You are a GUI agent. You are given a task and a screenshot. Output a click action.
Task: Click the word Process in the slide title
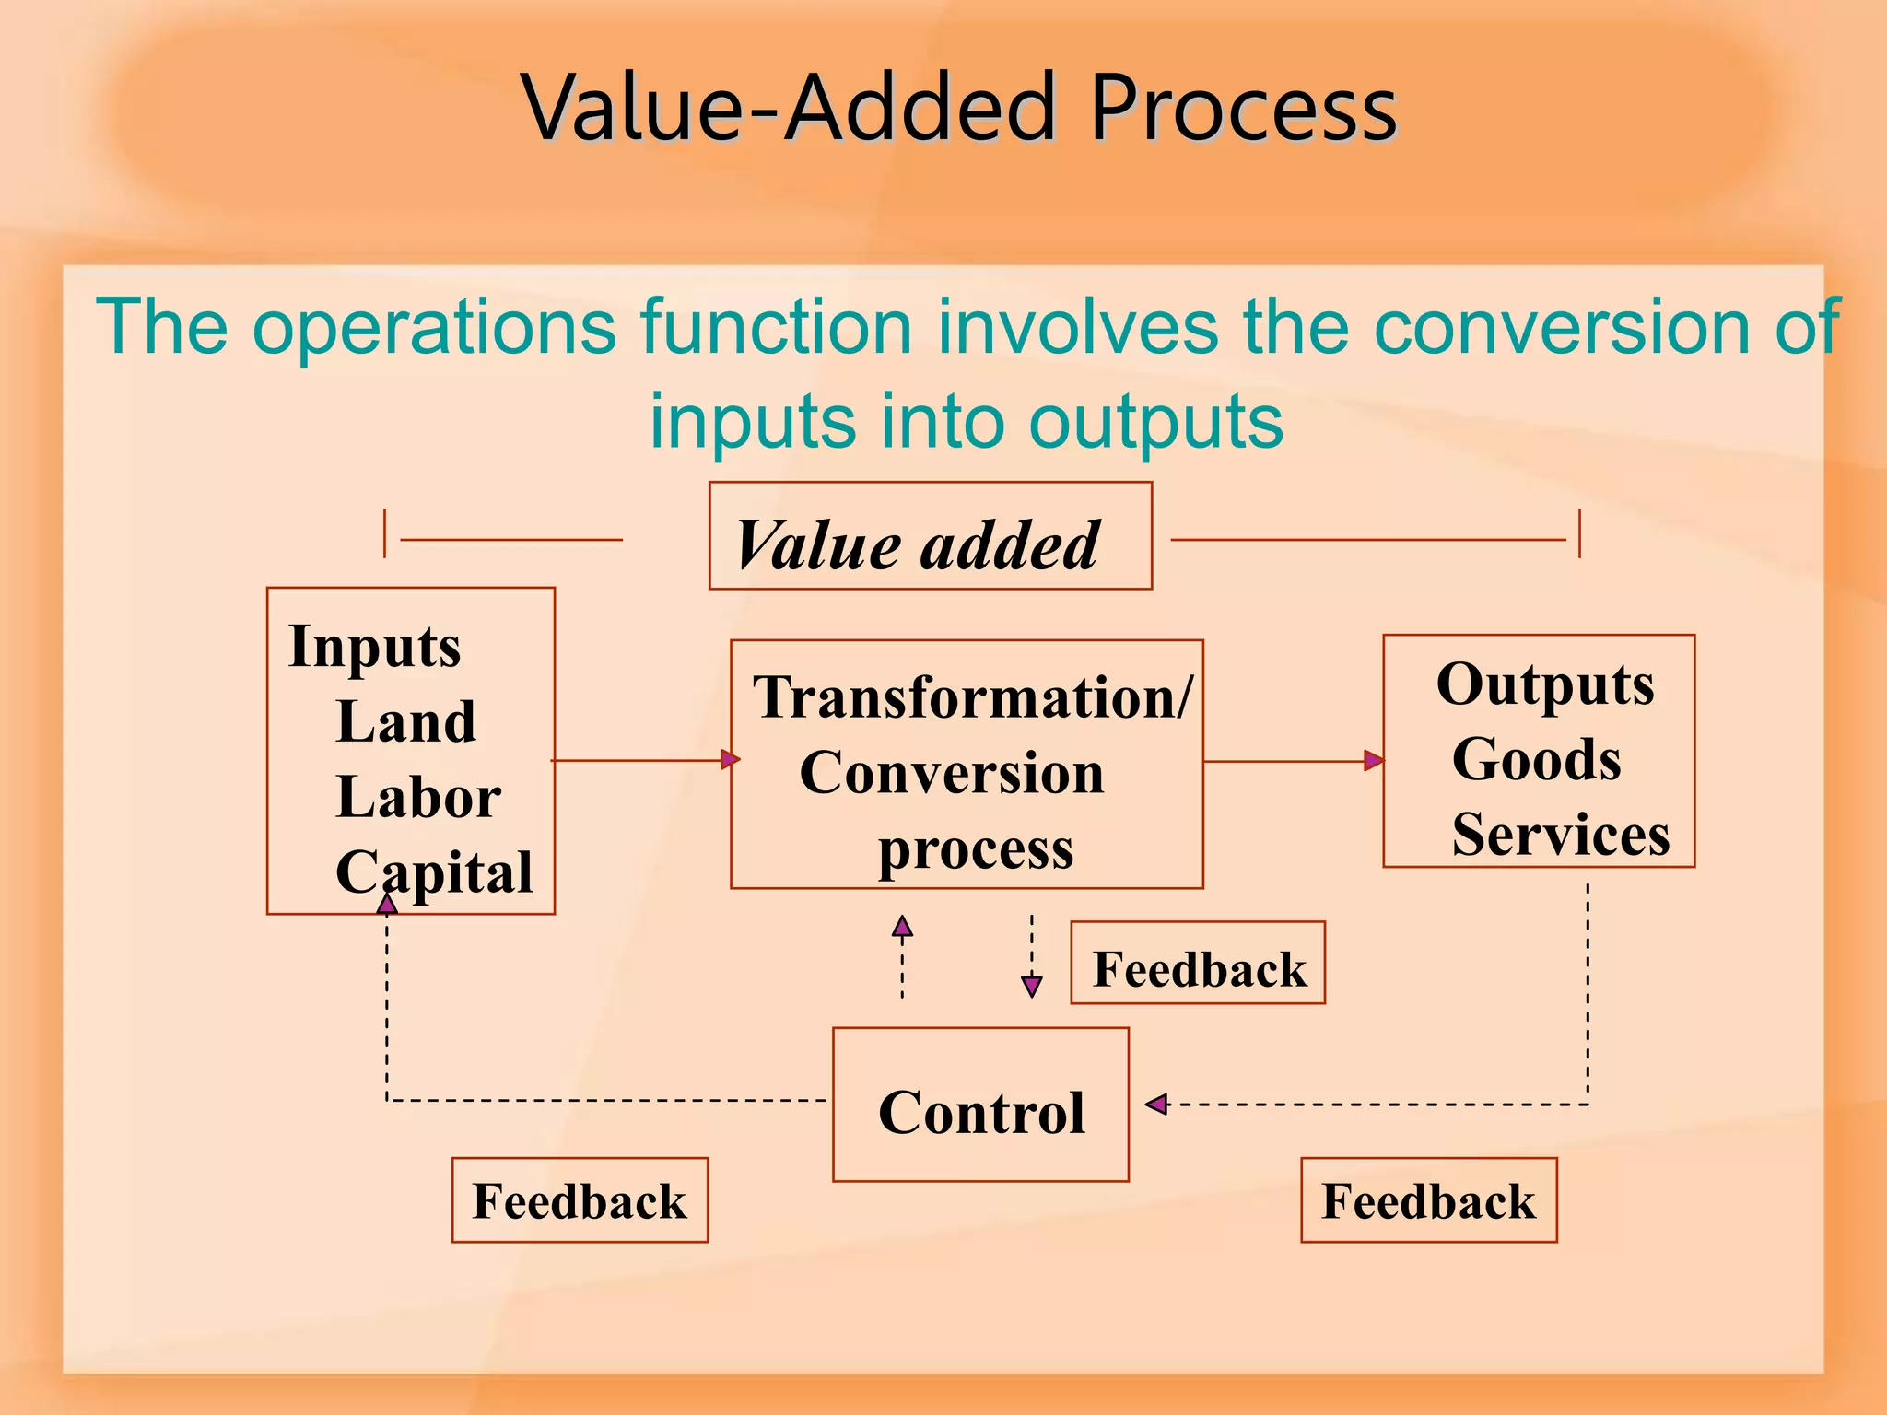1243,109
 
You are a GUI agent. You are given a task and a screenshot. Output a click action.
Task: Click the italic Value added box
930,536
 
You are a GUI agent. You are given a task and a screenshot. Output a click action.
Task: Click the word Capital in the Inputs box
434,871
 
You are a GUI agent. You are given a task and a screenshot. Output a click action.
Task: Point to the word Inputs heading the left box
374,646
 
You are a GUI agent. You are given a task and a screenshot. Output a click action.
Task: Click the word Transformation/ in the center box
972,697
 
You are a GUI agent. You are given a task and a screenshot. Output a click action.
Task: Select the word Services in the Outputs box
1561,835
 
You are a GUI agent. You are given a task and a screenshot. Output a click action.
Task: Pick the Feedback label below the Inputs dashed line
580,1201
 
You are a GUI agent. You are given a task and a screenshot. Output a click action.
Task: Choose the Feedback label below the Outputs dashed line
1428,1201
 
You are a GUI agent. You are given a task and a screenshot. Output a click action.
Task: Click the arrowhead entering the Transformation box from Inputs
730,760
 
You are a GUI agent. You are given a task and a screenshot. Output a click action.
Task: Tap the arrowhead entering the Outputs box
1373,761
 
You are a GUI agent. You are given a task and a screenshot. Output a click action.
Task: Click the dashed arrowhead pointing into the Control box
1156,1104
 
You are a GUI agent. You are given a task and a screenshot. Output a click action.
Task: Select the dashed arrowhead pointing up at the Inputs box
387,904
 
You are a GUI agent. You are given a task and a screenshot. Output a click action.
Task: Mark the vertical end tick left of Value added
384,533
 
